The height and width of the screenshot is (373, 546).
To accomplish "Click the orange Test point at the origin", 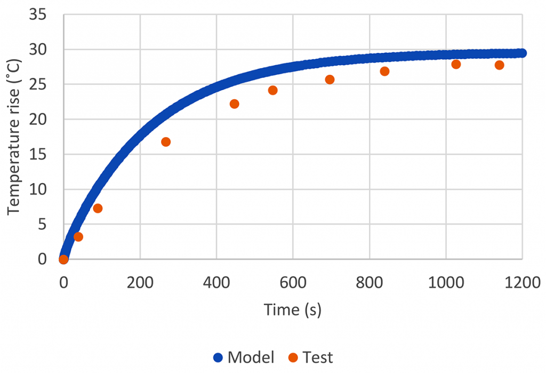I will (x=63, y=259).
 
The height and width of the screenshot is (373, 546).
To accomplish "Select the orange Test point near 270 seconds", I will (x=166, y=142).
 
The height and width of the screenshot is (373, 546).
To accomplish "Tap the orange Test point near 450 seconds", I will (x=234, y=104).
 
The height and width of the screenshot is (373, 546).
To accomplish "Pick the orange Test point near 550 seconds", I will (x=273, y=90).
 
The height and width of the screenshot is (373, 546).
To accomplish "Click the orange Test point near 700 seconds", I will (x=330, y=80).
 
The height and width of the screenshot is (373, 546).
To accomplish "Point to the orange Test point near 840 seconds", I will (x=384, y=72).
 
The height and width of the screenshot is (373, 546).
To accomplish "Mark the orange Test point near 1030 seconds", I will (x=456, y=65).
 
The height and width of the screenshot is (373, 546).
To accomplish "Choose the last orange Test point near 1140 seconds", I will (x=499, y=65).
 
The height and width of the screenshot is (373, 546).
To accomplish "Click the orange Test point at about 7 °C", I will (x=98, y=208).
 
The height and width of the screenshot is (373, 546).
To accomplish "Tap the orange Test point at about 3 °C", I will (x=78, y=237).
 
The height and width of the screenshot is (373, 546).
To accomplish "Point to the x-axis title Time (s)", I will (x=292, y=309).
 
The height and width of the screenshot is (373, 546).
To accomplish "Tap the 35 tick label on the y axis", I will (x=38, y=15).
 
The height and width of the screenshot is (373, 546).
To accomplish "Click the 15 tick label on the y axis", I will (x=38, y=155).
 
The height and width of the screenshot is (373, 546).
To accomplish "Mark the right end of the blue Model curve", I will (x=521, y=53).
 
